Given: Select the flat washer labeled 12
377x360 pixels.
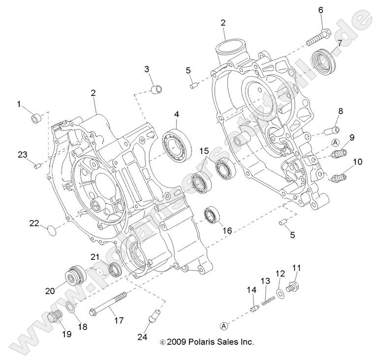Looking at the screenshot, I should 280,294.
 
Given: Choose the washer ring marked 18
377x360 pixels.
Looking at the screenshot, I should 70,308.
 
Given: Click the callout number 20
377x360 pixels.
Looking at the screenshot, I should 49,291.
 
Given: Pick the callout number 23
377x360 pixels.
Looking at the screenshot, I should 23,154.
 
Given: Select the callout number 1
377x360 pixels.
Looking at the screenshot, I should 19,104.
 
